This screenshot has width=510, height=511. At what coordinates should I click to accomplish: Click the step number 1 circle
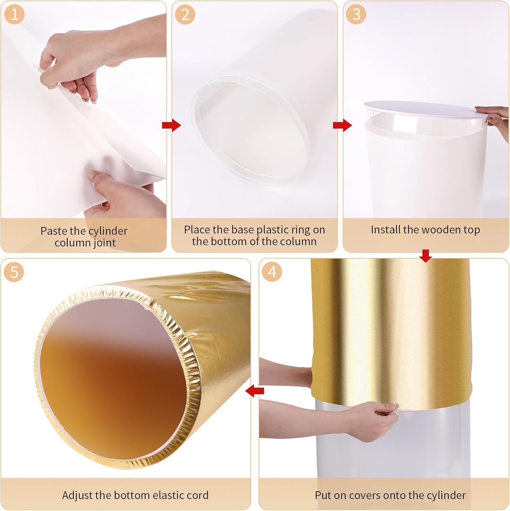coord(14,15)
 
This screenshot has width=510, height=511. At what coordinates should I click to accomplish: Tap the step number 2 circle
coord(185,15)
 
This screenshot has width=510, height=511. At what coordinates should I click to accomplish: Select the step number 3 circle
coord(356,15)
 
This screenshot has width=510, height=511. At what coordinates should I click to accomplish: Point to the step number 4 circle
coord(272,272)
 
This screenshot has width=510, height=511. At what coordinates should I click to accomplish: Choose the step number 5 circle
coord(14,272)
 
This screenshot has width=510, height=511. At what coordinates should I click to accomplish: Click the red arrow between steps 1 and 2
coord(171,125)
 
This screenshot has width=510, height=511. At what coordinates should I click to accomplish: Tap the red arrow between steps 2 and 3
coord(342,125)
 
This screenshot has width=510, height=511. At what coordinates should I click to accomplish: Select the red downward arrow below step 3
coord(426,255)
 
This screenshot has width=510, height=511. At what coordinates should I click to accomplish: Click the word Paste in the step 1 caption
coord(54,231)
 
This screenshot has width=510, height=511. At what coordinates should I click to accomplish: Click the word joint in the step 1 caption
coord(105,243)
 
